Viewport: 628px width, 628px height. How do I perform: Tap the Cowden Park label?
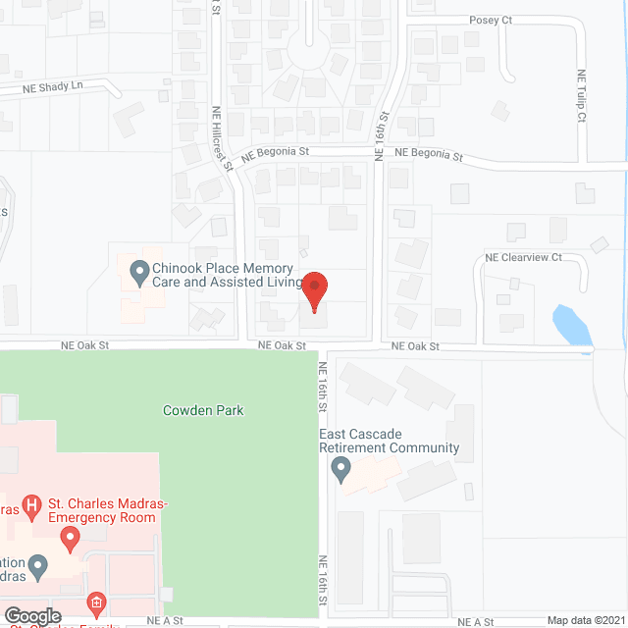click(203, 410)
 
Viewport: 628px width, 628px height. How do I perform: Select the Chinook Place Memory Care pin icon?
click(138, 269)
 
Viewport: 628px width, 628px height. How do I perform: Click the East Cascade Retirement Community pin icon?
click(341, 470)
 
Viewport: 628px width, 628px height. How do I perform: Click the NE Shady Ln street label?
click(53, 87)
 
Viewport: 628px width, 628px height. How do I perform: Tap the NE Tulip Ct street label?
click(581, 95)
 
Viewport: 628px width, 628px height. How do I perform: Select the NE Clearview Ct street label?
click(523, 258)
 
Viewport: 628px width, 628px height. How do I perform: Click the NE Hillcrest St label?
click(222, 138)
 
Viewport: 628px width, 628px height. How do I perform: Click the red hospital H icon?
click(33, 505)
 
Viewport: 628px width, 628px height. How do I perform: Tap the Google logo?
click(32, 616)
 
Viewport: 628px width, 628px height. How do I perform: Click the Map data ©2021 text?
click(584, 619)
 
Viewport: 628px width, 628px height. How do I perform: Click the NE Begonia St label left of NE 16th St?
click(276, 152)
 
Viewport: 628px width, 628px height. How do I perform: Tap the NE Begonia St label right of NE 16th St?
click(429, 153)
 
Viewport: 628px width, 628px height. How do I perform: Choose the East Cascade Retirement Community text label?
click(389, 441)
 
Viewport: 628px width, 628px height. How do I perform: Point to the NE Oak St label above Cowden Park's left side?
click(84, 345)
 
